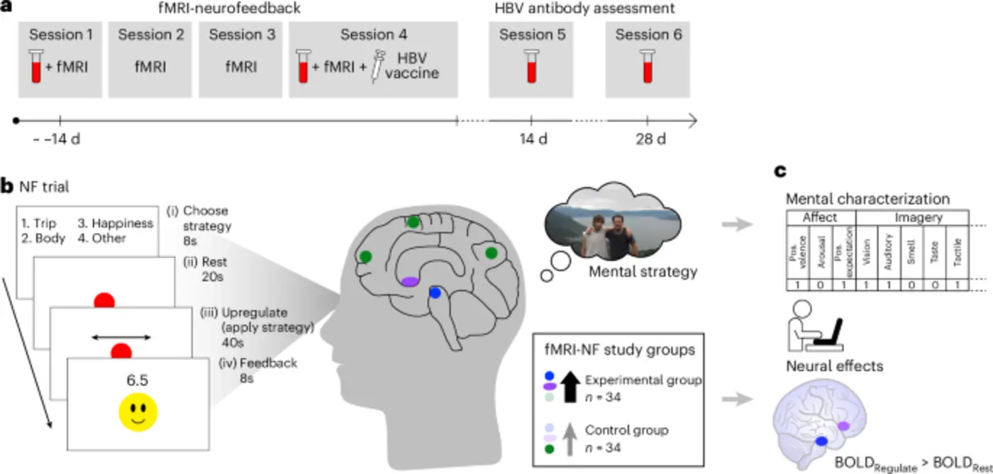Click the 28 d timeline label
pos(647,138)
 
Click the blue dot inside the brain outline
pos(436,292)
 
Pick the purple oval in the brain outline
pos(409,282)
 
